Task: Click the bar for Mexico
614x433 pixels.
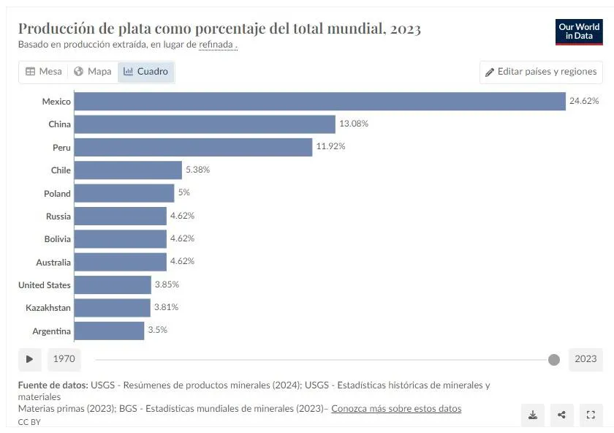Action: [320, 101]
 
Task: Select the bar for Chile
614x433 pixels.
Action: [128, 170]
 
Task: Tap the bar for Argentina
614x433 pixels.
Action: [109, 331]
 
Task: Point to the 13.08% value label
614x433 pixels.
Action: [354, 124]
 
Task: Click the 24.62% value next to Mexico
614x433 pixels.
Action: [584, 101]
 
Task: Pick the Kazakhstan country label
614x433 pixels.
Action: [48, 308]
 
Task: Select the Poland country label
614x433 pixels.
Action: [57, 193]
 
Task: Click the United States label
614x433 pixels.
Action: [45, 285]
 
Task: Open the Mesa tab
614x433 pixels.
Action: [44, 72]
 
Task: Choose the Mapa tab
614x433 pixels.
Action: [93, 72]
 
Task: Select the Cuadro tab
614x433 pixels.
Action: [146, 72]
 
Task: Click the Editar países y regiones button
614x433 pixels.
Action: [541, 72]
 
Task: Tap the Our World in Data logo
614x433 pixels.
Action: [579, 31]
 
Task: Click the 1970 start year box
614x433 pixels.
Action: [64, 359]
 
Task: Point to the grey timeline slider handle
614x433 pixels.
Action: [554, 360]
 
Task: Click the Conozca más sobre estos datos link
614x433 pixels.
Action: [396, 409]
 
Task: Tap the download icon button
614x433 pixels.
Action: [533, 415]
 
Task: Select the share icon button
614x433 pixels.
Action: [561, 415]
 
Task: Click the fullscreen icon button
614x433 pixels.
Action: [591, 415]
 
